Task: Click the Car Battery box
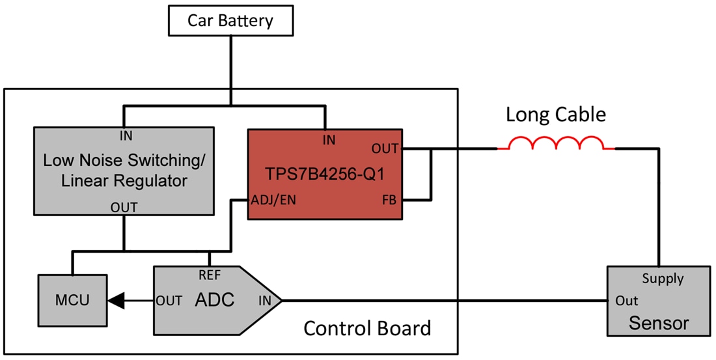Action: point(230,20)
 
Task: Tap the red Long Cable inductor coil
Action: point(556,144)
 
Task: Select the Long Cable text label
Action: point(556,115)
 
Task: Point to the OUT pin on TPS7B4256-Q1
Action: point(385,149)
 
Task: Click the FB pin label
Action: point(389,200)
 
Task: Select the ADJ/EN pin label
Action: point(273,200)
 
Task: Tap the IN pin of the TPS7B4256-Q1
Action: point(329,139)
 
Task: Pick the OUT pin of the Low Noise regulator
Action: point(124,207)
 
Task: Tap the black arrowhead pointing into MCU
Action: point(116,301)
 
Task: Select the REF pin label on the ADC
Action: point(209,275)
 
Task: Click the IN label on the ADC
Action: point(265,301)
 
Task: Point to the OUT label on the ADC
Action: point(169,301)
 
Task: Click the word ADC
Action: point(214,300)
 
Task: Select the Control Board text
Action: point(367,328)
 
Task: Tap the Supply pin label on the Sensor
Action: point(663,279)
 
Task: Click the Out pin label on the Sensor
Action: point(627,301)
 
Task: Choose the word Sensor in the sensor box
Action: point(658,323)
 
